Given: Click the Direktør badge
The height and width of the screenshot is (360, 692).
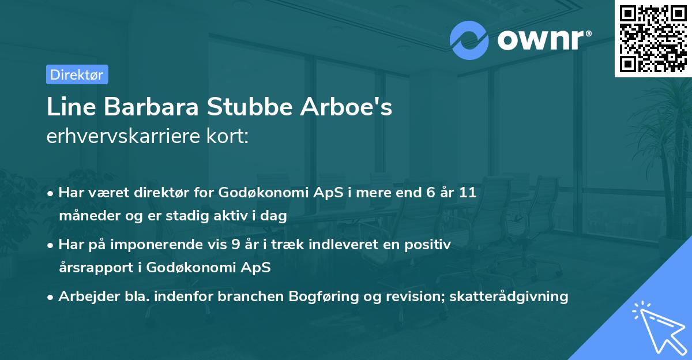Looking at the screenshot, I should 77,74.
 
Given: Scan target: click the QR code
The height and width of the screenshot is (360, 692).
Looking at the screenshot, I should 653,38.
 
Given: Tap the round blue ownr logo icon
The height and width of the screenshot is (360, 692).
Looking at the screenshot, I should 469,40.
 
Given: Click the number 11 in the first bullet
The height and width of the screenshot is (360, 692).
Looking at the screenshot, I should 468,193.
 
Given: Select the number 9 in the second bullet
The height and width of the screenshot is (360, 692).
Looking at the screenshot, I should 235,245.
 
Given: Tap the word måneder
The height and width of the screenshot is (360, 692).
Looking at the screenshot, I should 85,216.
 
